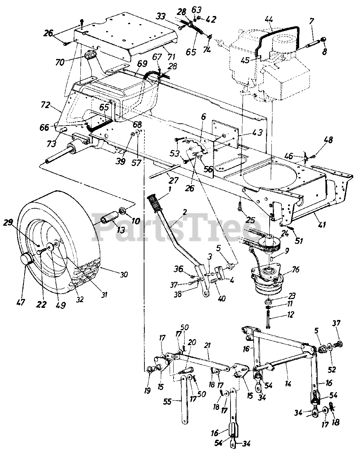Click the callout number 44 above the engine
click(x=269, y=20)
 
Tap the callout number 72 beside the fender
click(x=45, y=105)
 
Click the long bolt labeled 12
click(x=268, y=318)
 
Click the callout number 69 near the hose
click(x=142, y=64)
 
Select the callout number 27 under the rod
click(x=174, y=180)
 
